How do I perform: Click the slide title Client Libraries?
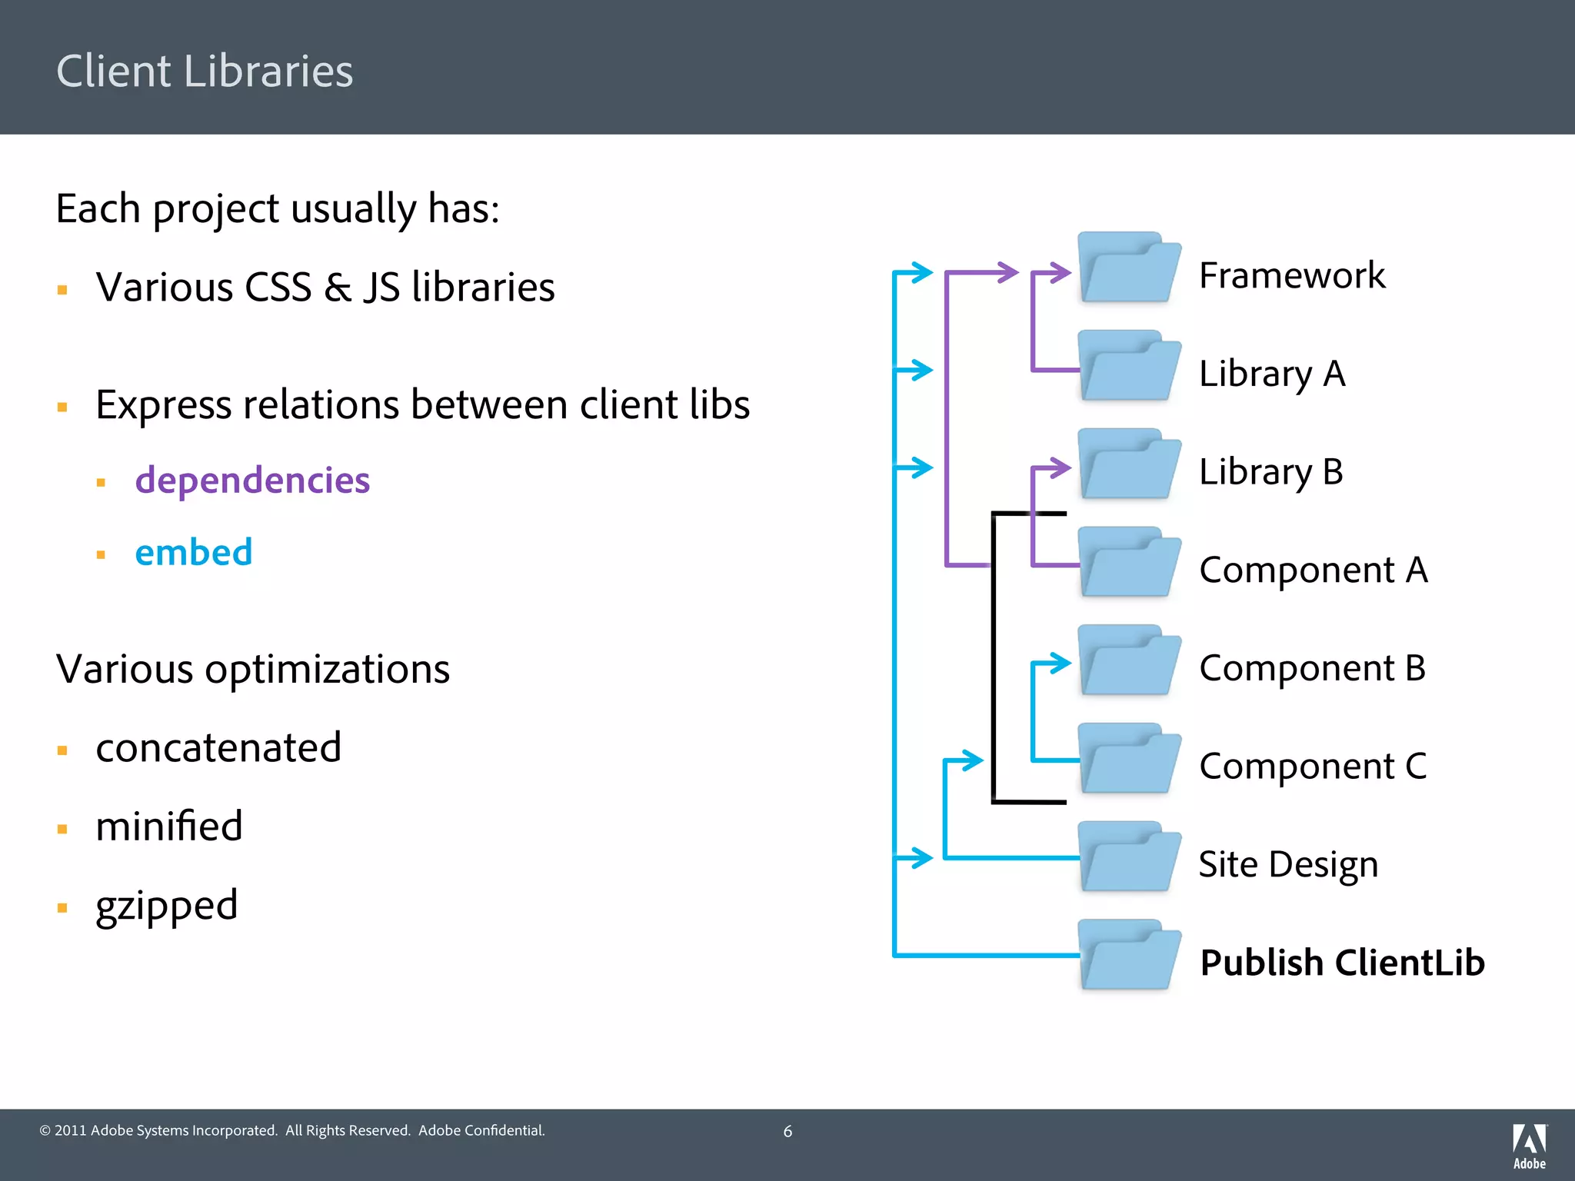(205, 71)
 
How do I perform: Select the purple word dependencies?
(252, 480)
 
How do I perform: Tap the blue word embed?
(193, 552)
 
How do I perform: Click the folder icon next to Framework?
(1128, 268)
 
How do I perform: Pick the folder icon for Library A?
(1128, 367)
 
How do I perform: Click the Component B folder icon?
(1128, 661)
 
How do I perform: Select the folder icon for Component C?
(1128, 760)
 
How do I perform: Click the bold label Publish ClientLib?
(1342, 963)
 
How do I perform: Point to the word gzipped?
(166, 905)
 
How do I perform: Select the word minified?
(169, 827)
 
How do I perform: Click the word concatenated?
(218, 747)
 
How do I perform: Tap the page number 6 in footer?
(787, 1131)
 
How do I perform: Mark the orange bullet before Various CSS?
(62, 290)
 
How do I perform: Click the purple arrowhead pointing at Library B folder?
(1062, 467)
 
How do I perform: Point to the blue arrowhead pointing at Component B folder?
(1062, 663)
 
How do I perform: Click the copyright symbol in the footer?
(45, 1131)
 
